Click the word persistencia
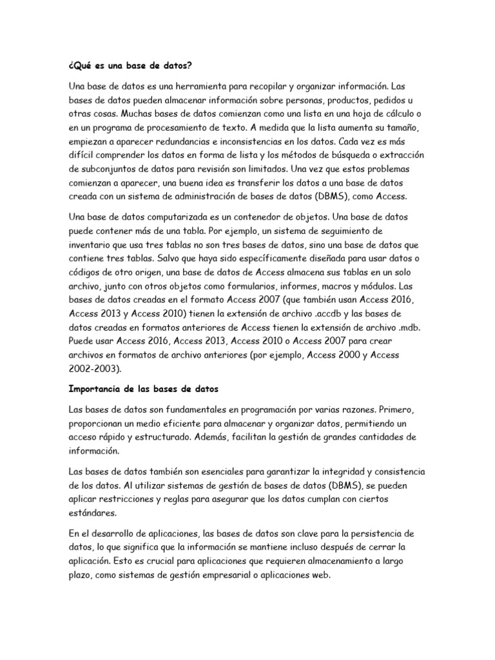coord(371,534)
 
